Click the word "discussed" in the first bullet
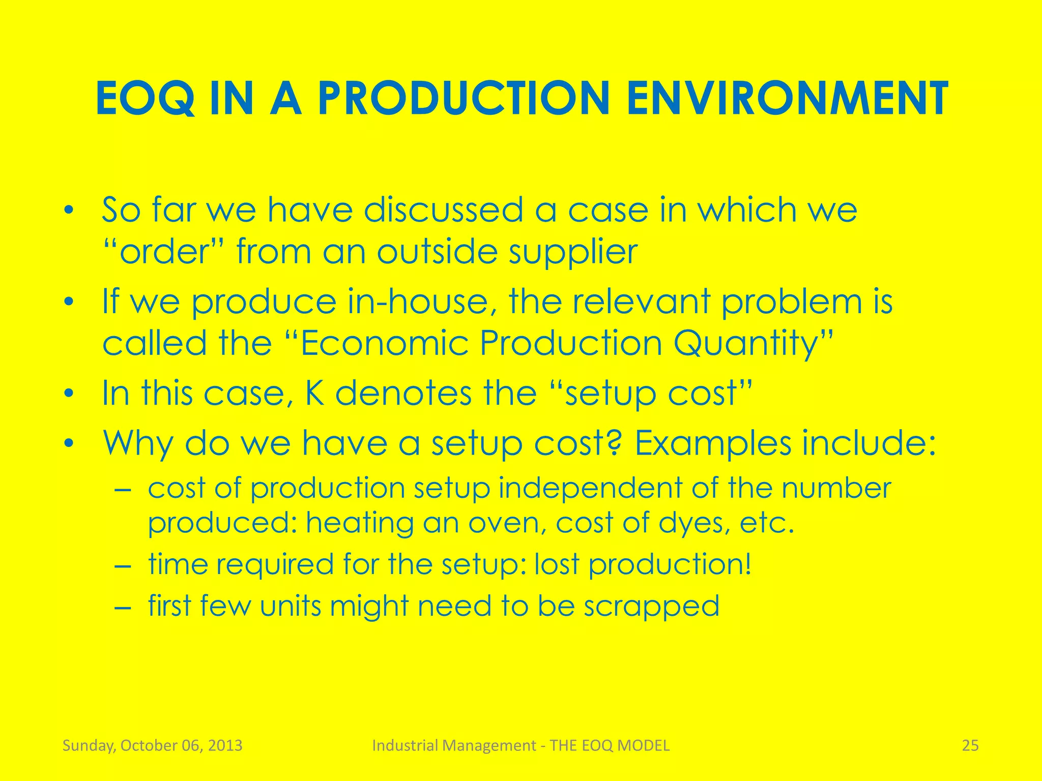[x=443, y=209]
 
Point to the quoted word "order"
[x=165, y=252]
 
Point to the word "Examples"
[x=712, y=443]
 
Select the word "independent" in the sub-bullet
[x=590, y=488]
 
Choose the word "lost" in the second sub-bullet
[x=557, y=564]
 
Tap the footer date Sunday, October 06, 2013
[x=152, y=745]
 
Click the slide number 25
[x=970, y=745]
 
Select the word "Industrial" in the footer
[x=403, y=745]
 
